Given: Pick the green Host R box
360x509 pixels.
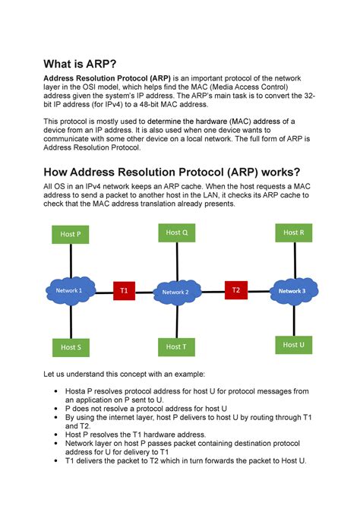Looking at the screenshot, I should pos(293,232).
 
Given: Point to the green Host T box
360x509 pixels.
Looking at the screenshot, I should pos(175,346).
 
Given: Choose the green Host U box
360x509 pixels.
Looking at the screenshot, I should pos(293,345).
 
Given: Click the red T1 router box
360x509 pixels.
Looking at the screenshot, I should pos(125,291).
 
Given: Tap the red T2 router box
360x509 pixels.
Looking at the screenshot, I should pos(235,290).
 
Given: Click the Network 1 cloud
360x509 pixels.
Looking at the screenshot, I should pos(70,291).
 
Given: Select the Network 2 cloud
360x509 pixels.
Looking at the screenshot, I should pos(176,292).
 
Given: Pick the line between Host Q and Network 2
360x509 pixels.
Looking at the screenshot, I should pos(176,261).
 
